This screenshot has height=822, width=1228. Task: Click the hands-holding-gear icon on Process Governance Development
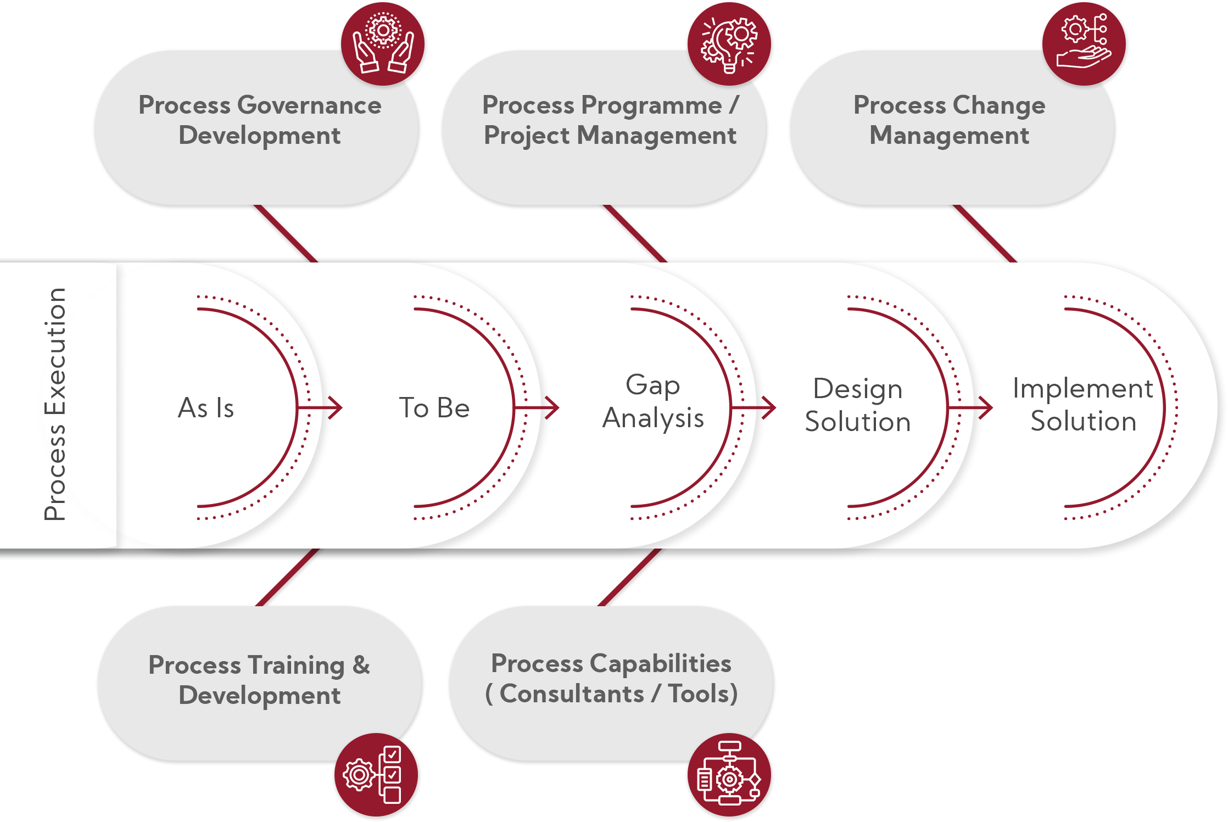tap(383, 43)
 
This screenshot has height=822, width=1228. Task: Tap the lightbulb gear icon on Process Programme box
tap(729, 43)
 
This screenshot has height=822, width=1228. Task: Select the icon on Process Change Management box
tap(1084, 43)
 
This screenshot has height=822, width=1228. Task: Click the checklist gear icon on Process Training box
tap(376, 775)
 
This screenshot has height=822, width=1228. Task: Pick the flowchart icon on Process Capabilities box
tap(729, 775)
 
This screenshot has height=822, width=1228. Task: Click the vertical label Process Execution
tap(55, 404)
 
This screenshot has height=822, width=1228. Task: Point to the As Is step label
tap(206, 408)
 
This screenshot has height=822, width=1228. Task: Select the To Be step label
tap(434, 408)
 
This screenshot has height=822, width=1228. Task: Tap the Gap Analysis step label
tap(653, 401)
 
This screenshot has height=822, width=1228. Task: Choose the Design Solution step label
tap(858, 405)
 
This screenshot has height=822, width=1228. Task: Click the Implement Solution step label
tap(1083, 405)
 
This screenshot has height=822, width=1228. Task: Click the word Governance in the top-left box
tap(310, 105)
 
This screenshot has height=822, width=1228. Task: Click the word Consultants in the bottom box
tap(572, 694)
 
